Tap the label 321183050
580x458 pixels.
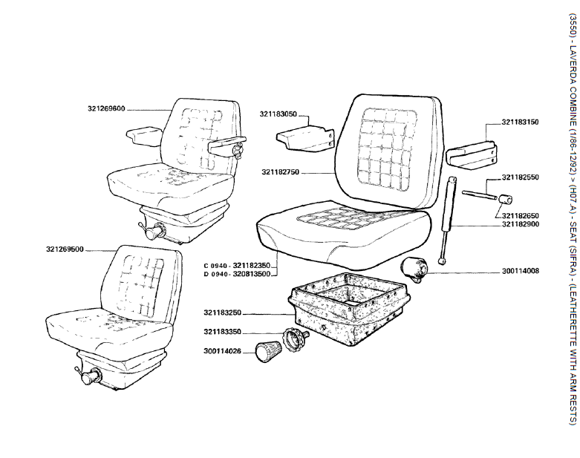278,114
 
